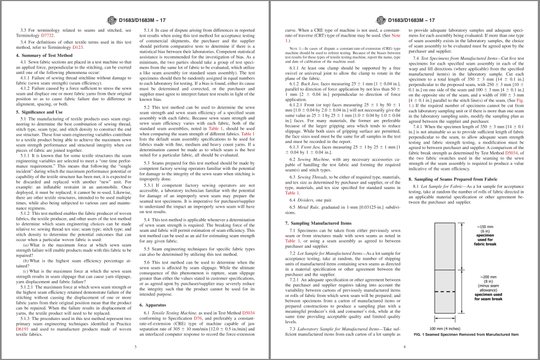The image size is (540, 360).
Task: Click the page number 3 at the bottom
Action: point(135,346)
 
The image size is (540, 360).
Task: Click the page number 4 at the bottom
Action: point(404,346)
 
